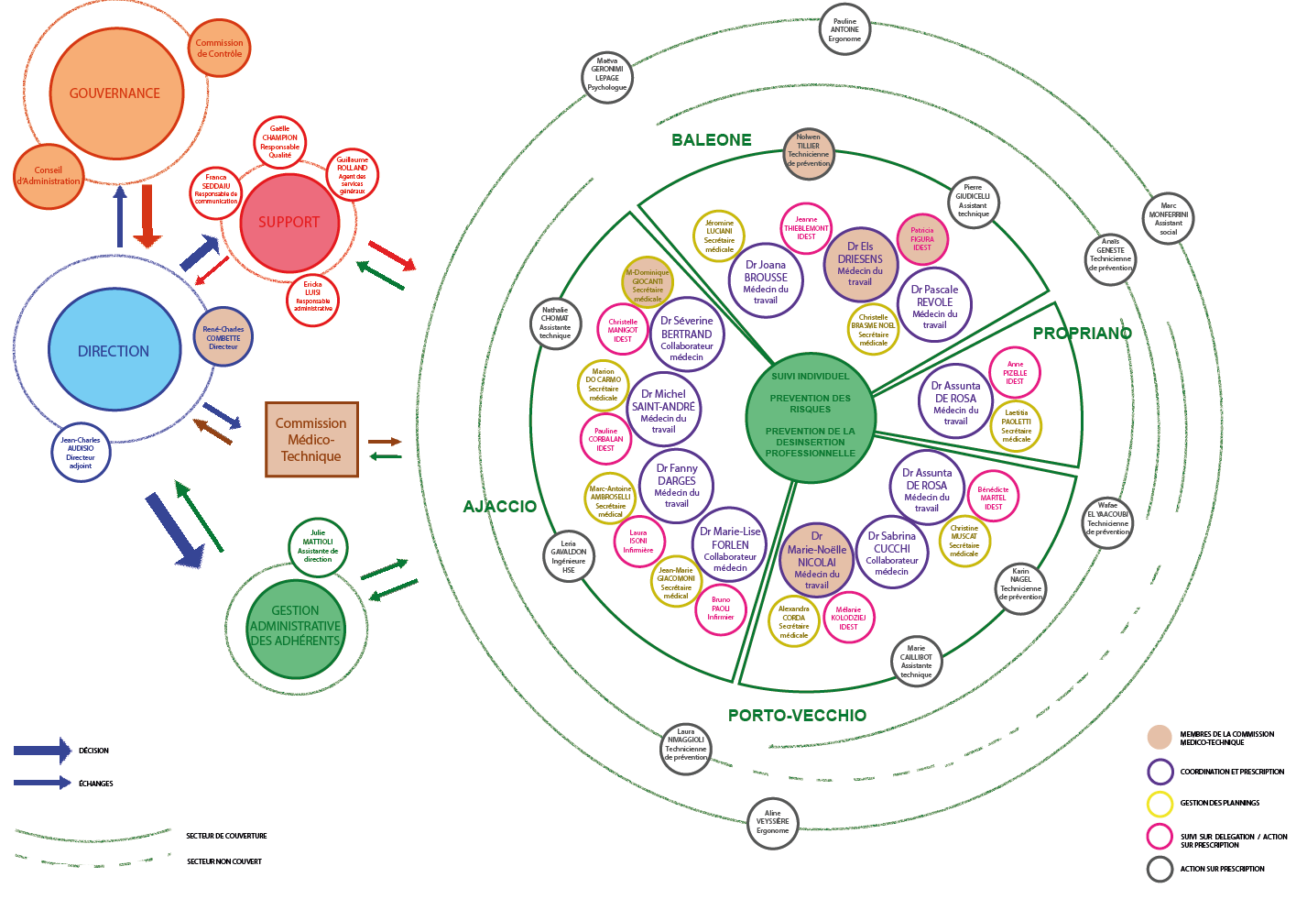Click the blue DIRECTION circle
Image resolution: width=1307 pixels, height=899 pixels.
coord(114,350)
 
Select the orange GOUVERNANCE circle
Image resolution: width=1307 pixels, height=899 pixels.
coord(116,93)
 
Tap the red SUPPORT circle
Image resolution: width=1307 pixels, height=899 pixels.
coord(289,223)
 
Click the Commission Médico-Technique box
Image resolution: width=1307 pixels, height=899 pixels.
coord(311,440)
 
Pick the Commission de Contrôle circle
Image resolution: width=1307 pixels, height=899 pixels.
coord(220,48)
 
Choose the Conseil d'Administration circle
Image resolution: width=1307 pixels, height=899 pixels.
coord(49,176)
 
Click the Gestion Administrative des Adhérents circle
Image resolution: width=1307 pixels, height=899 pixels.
coord(296,626)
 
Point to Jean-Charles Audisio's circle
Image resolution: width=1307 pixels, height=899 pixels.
coord(81,453)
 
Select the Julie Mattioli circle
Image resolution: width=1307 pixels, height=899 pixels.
coord(318,546)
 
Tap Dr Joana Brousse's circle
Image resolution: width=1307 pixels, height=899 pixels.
coord(766,281)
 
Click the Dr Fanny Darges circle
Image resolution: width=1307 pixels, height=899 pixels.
coord(677,486)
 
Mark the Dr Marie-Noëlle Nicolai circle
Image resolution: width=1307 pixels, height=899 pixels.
coord(817,560)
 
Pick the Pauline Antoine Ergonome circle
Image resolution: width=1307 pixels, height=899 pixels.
coord(844,29)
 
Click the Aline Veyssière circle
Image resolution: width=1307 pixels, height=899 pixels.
coord(773,822)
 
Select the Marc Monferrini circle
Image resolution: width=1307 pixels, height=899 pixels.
coord(1169,219)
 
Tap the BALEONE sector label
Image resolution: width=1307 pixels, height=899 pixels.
coord(712,140)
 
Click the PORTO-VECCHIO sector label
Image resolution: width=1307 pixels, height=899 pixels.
coord(797,716)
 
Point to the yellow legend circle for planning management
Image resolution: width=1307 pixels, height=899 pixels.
coord(1160,804)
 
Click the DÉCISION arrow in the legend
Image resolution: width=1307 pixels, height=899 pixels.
coord(42,751)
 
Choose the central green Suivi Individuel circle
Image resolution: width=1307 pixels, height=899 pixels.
coord(811,417)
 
